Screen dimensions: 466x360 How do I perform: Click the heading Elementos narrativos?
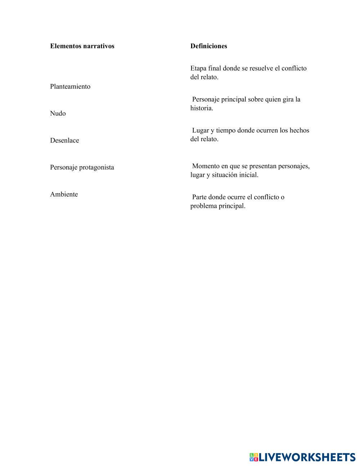click(x=82, y=46)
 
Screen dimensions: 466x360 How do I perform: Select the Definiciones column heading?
click(x=209, y=46)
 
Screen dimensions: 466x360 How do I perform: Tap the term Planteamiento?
click(x=70, y=86)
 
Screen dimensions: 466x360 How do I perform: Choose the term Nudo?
click(x=58, y=113)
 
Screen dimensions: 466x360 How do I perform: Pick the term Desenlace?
click(x=64, y=140)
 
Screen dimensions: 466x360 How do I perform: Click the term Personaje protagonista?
click(x=82, y=167)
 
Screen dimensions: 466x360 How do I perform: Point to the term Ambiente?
click(x=64, y=194)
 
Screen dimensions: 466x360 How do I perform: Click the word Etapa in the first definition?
click(x=198, y=68)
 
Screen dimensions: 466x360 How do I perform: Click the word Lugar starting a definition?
click(x=201, y=130)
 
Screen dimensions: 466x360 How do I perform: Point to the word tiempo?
click(x=226, y=130)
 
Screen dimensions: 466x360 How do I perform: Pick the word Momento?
click(x=206, y=166)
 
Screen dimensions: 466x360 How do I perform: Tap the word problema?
click(x=203, y=206)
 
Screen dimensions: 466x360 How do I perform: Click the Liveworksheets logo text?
click(x=307, y=457)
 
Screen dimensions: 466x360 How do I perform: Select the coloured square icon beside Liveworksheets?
click(x=254, y=457)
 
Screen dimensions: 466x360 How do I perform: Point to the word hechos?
click(x=299, y=130)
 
